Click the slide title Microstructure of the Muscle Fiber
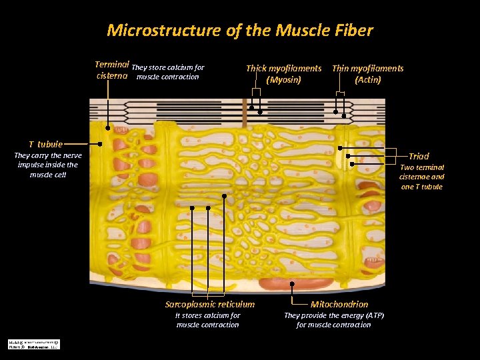coord(240,31)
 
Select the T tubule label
coord(45,144)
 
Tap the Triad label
coord(419,156)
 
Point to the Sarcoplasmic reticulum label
coord(210,305)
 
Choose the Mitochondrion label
coord(339,305)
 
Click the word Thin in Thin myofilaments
coord(341,69)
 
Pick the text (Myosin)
coord(283,80)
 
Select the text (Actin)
coord(368,80)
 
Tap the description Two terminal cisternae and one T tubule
coord(421,177)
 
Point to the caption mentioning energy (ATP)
coord(334,320)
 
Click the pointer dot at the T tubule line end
coord(100,143)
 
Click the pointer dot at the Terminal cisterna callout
coord(108,125)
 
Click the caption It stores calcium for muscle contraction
coord(207,320)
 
